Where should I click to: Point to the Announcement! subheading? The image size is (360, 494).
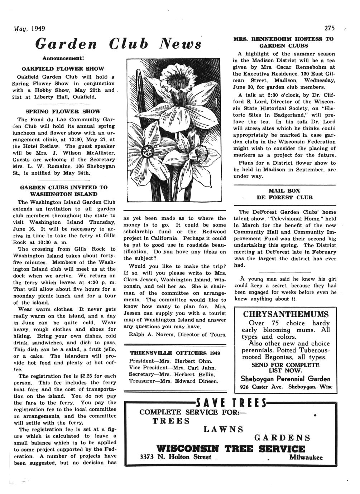coord(63,58)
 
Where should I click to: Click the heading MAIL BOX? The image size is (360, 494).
coord(284,191)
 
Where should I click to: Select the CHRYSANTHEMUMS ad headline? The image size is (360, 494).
coord(285,314)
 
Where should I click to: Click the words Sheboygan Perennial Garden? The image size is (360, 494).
coord(285,379)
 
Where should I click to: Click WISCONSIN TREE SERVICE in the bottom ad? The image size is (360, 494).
coord(231,449)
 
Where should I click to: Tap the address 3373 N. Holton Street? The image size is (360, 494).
coord(175,457)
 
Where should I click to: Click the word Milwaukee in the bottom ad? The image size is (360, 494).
coord(306,457)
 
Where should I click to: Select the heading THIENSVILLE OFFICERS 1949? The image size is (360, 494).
coord(175,353)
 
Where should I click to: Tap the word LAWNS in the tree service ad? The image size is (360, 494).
coord(224,429)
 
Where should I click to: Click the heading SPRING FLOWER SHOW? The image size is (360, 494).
coord(63,111)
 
